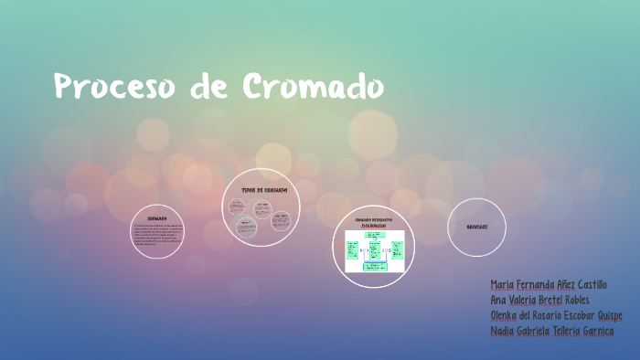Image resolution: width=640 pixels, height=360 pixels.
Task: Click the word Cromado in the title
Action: point(314,87)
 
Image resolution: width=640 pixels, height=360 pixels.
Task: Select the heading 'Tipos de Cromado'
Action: point(264,190)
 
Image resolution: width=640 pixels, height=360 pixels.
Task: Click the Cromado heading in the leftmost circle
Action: point(156,217)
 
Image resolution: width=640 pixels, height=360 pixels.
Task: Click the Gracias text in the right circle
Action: point(476,227)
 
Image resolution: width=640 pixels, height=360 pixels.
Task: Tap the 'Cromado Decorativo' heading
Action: point(372,219)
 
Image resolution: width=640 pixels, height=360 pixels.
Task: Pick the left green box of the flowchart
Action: point(351,249)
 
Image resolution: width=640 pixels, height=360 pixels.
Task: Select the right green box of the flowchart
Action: point(397,249)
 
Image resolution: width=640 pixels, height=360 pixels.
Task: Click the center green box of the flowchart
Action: point(374,249)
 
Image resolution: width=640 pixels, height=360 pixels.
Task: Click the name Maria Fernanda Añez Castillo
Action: point(548,285)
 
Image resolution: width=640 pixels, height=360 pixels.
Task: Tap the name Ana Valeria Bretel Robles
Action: point(539,300)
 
